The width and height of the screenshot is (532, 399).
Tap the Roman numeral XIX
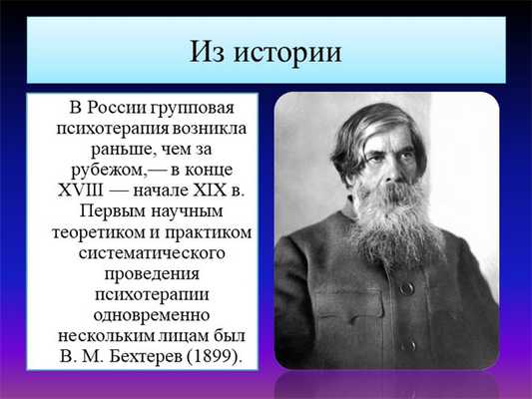201,191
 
